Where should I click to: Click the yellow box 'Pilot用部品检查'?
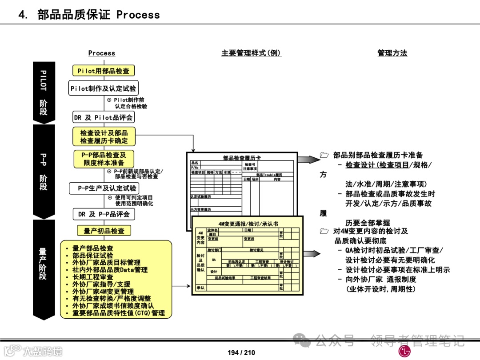(103, 71)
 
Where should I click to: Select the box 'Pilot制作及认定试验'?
(103, 88)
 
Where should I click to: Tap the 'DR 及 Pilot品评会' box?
(103, 117)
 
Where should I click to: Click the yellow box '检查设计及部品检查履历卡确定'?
(104, 136)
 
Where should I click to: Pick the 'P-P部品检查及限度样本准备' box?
(104, 159)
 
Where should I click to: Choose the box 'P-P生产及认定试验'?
(104, 188)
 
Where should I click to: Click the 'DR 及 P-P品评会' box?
(104, 214)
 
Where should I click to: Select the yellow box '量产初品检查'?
(104, 231)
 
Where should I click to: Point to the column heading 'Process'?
(101, 53)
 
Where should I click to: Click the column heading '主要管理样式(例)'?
(251, 53)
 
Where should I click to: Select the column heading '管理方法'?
(392, 53)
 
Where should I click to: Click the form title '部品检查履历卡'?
(242, 158)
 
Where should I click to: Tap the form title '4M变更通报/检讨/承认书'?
(248, 224)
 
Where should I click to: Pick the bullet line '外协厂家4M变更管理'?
(103, 291)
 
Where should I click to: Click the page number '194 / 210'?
(241, 352)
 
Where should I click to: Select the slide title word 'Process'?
(138, 15)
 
